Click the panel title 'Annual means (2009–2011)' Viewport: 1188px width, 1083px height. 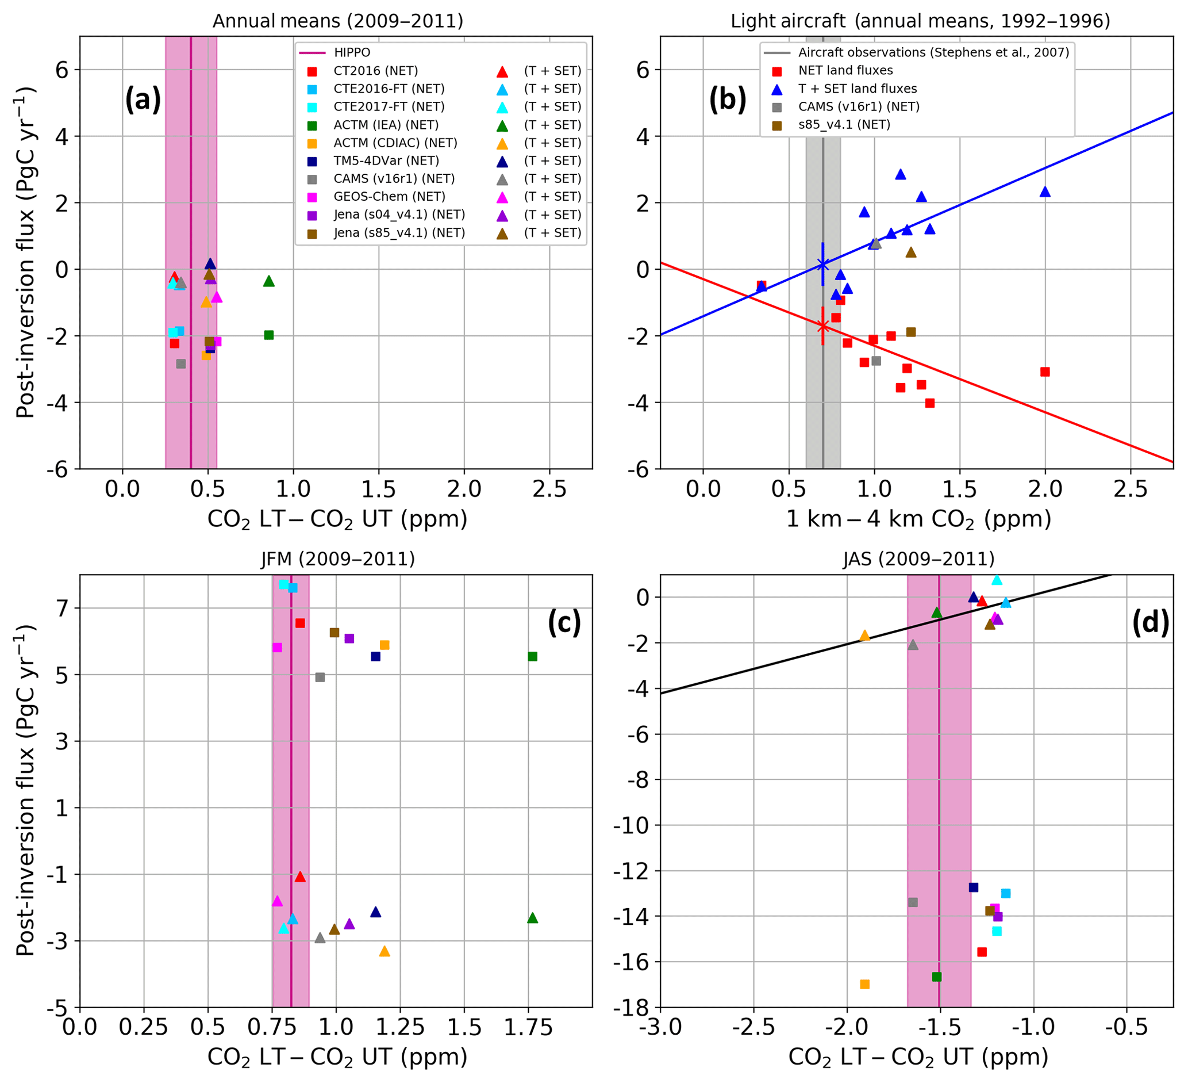pyautogui.click(x=337, y=21)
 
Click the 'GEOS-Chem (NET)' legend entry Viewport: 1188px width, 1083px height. pyautogui.click(x=389, y=196)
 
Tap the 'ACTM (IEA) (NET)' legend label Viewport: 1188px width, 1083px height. pyautogui.click(x=386, y=124)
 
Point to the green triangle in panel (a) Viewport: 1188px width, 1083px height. pyautogui.click(x=269, y=281)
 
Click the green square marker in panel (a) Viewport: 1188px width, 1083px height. pyautogui.click(x=269, y=335)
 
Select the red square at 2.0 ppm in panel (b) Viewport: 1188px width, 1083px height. pyautogui.click(x=1045, y=372)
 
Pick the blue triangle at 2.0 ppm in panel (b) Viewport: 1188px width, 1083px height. pyautogui.click(x=1045, y=192)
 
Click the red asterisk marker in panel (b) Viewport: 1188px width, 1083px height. pyautogui.click(x=822, y=325)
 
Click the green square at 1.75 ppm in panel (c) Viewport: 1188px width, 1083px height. pyautogui.click(x=532, y=656)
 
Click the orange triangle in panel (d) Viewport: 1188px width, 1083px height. pyautogui.click(x=864, y=636)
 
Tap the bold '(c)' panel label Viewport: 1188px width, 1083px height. pyautogui.click(x=564, y=622)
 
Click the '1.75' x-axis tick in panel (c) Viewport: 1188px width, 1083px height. pyautogui.click(x=529, y=1028)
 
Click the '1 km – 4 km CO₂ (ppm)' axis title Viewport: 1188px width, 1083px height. pyautogui.click(x=918, y=519)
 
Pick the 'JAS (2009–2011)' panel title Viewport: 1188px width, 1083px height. pyautogui.click(x=918, y=558)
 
